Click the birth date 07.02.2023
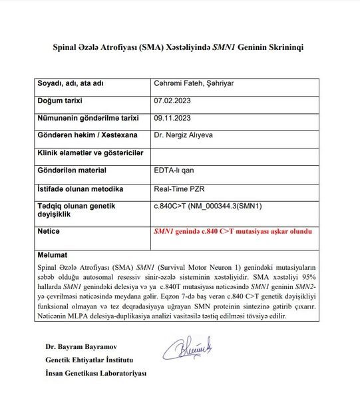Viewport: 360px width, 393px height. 172,101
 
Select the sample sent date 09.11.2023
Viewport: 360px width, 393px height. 172,117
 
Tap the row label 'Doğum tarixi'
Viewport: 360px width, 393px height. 64,101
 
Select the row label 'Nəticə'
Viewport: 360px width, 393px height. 49,230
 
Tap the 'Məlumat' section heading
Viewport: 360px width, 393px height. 53,254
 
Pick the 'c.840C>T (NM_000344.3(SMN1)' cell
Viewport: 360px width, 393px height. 208,206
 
